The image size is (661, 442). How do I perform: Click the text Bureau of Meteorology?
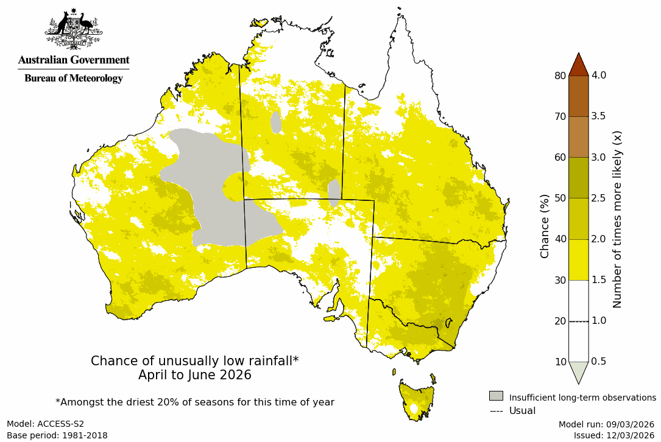[x=73, y=79]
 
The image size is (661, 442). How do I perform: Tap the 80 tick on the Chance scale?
[x=560, y=75]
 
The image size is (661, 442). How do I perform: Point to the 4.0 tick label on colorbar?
[x=599, y=75]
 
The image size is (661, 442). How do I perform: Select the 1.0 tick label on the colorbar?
[x=599, y=321]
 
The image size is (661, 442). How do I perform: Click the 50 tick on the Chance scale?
[x=560, y=198]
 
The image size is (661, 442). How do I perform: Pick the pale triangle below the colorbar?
[x=578, y=371]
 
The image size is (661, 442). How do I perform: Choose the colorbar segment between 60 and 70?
[x=578, y=137]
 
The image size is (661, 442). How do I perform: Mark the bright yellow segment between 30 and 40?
[x=578, y=259]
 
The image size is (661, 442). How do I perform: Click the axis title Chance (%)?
[x=545, y=226]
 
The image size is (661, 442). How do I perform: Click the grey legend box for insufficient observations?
[x=496, y=396]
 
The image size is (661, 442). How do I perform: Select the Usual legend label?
[x=522, y=411]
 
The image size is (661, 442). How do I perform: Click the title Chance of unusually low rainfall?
[x=194, y=361]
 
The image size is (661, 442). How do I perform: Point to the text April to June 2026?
[x=194, y=375]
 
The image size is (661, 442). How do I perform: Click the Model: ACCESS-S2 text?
[x=45, y=424]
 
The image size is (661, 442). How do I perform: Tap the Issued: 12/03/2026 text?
[x=613, y=435]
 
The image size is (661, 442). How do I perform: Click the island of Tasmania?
[x=417, y=399]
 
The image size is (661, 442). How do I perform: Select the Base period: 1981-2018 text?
[x=57, y=435]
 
